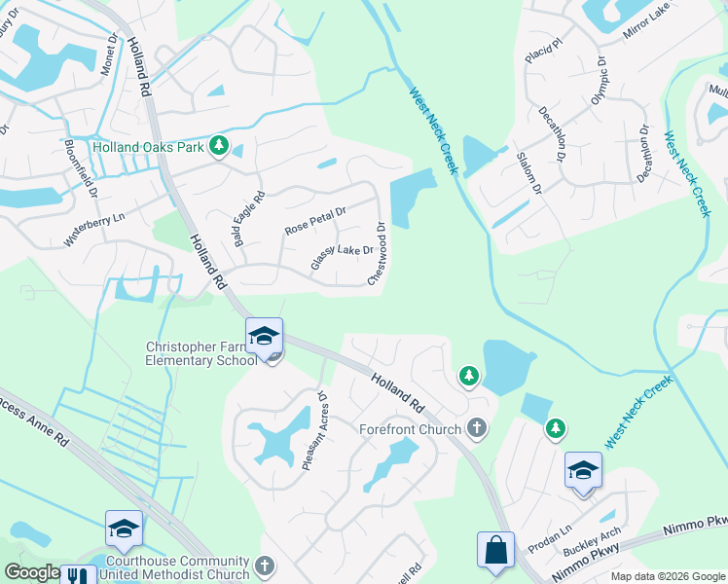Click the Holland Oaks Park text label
click(147, 148)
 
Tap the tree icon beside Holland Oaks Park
click(220, 147)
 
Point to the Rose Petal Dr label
click(316, 220)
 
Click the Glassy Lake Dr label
click(343, 258)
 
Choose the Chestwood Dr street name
click(378, 255)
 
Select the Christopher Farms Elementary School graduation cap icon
click(264, 337)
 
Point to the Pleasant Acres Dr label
click(313, 431)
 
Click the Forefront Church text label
click(410, 428)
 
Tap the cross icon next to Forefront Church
click(477, 427)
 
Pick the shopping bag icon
click(495, 549)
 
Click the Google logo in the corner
click(32, 572)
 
